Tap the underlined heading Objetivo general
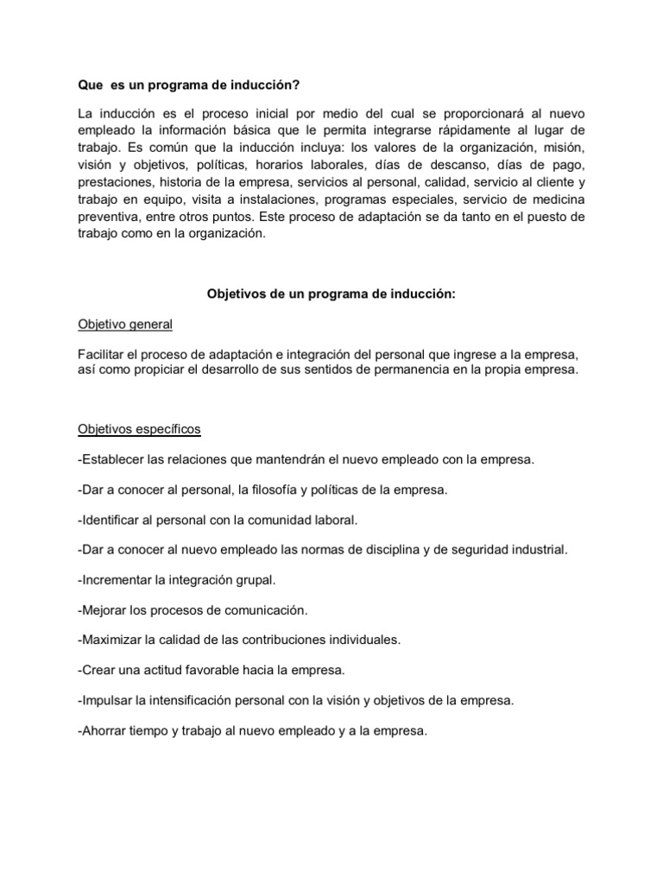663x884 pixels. pos(125,325)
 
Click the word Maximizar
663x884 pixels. pos(110,640)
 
